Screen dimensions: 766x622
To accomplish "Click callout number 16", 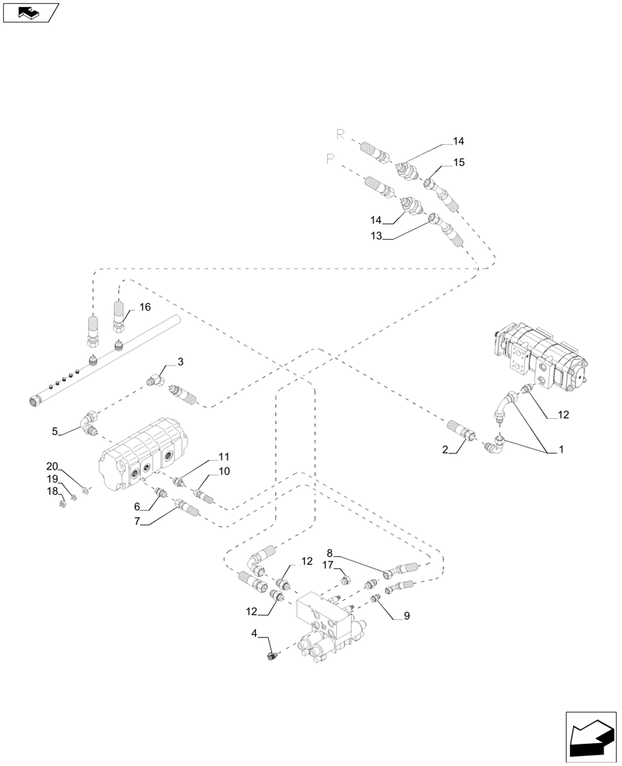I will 145,307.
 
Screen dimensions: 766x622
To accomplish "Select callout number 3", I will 180,362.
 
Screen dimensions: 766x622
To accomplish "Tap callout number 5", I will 55,431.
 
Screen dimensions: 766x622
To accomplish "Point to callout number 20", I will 52,466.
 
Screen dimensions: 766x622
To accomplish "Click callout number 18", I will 52,492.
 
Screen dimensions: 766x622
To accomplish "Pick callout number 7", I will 138,521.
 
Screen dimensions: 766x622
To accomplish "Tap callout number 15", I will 459,162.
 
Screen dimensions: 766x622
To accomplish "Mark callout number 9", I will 406,614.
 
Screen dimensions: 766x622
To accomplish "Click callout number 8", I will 330,552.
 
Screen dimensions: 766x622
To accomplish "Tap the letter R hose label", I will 340,135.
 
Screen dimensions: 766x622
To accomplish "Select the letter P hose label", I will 330,159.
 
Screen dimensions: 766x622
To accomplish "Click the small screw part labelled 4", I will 271,656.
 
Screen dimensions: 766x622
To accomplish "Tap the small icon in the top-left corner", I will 30,12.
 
